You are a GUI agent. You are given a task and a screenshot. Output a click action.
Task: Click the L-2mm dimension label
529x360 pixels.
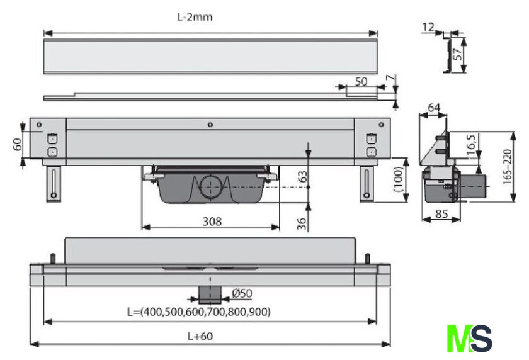pos(195,17)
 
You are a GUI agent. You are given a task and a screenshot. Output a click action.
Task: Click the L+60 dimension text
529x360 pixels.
pos(201,336)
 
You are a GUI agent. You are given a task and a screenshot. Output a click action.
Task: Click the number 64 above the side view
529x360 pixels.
pos(433,108)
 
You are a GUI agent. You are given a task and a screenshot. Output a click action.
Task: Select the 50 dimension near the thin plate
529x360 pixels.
pos(361,82)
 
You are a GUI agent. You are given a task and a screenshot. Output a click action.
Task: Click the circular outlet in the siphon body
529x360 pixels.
pos(210,187)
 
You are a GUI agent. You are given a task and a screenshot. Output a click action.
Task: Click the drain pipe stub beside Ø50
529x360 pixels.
pos(210,293)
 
